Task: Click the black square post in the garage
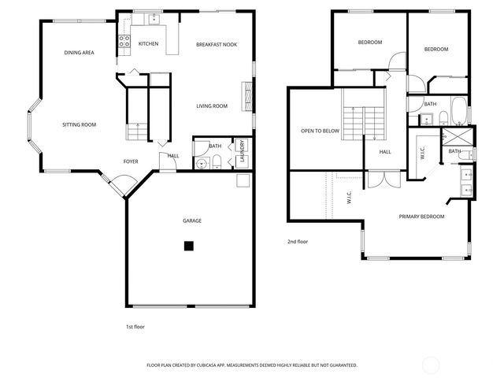[x=189, y=246]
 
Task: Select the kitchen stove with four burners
[x=124, y=44]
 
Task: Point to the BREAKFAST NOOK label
[x=217, y=45]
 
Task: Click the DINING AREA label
[x=80, y=53]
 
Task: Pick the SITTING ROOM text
[x=80, y=124]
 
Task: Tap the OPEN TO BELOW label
[x=321, y=131]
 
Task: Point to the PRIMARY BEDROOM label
[x=421, y=217]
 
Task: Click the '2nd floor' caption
[x=298, y=242]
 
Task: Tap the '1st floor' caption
[x=135, y=326]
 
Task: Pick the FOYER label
[x=131, y=161]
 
